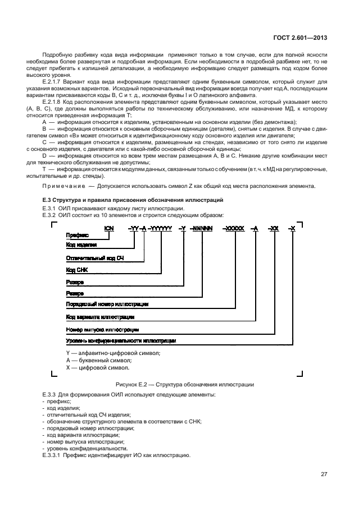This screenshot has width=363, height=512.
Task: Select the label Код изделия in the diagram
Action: pos(81,246)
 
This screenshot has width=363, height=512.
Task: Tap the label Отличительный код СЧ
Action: pos(90,258)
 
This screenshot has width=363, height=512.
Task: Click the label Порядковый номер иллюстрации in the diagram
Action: pos(107,304)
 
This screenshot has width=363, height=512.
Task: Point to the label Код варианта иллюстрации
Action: pos(102,316)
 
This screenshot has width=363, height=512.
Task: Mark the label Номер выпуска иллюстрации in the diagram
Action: pos(102,329)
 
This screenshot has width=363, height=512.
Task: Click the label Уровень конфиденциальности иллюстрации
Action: pos(121,340)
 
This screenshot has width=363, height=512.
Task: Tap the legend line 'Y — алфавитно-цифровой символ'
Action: pos(113,352)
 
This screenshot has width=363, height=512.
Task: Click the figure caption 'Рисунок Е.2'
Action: pos(184,385)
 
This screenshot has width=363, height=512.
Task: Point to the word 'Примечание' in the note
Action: pos(60,186)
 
